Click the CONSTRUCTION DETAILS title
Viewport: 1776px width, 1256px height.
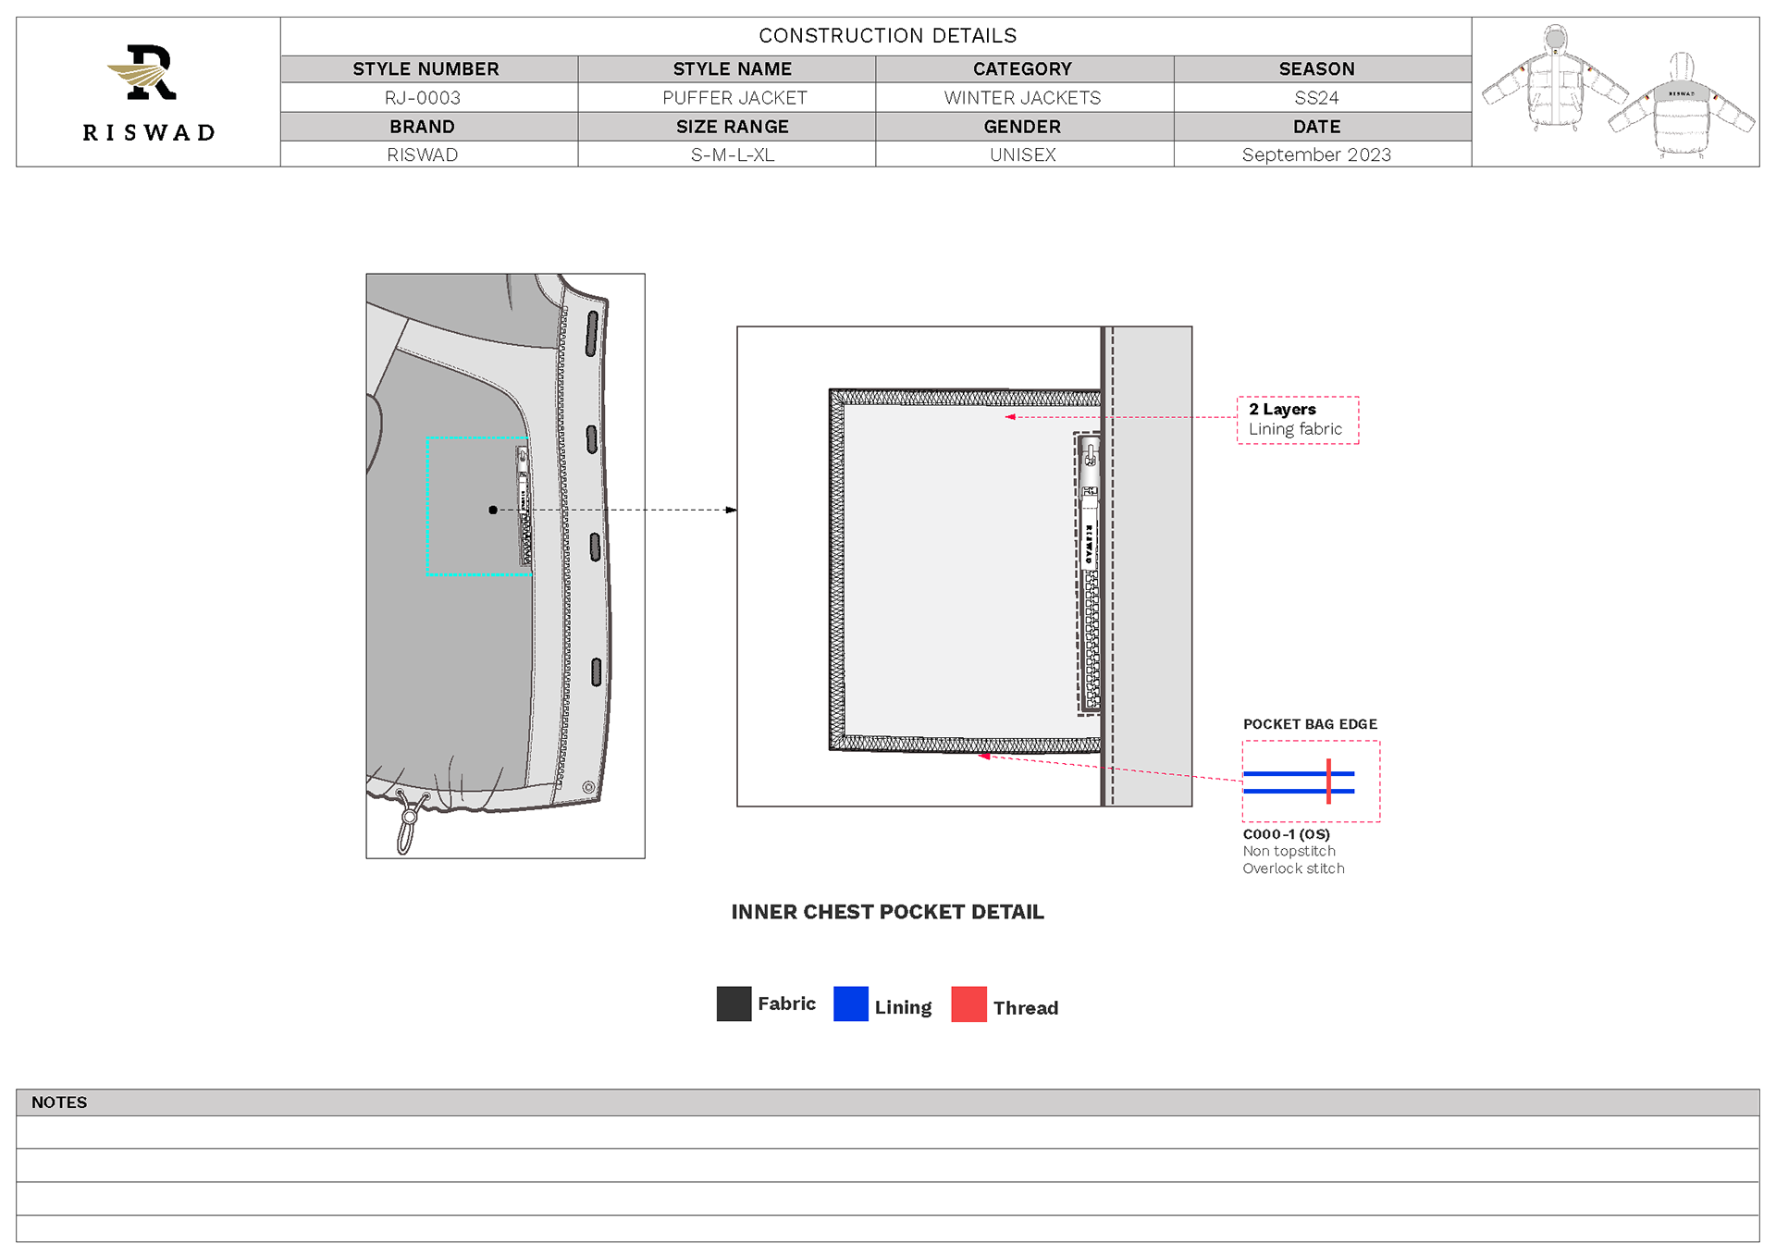(888, 36)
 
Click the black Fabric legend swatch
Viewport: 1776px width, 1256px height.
(734, 1004)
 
